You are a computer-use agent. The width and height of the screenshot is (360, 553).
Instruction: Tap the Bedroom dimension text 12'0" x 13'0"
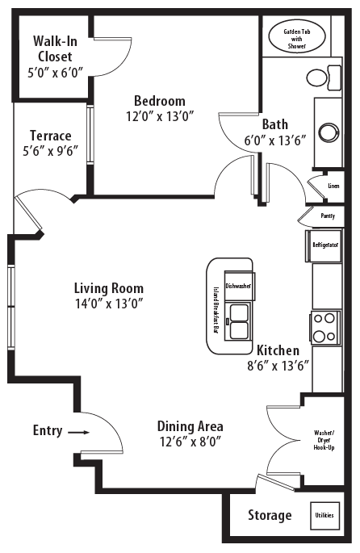point(159,117)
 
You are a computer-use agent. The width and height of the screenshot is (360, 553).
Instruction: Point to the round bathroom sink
point(329,132)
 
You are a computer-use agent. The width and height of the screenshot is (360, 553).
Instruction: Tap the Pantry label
point(328,216)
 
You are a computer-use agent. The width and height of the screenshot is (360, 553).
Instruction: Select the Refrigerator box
point(324,244)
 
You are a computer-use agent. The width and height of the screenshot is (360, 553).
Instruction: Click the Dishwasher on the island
point(238,286)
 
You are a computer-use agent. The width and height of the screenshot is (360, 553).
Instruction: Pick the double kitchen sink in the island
point(239,320)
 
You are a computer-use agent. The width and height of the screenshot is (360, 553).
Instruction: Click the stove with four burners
point(324,327)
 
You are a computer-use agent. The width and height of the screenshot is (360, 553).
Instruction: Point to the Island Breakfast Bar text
point(216,310)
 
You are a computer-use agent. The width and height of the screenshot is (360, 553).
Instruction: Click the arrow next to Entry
point(78,432)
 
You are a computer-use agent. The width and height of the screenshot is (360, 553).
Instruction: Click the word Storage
point(270,516)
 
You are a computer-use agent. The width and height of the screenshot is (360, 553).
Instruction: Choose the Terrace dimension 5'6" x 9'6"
point(51,152)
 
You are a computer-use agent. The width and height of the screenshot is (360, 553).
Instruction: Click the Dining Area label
point(190,426)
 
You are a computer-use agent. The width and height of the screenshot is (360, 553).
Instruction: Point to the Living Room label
point(109,288)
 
